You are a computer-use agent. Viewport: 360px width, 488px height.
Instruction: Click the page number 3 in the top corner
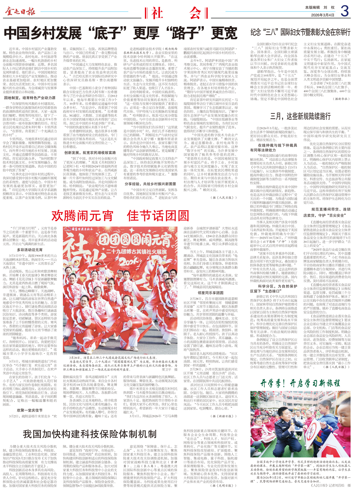(345, 12)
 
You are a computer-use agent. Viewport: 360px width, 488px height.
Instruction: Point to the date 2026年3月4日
(323, 15)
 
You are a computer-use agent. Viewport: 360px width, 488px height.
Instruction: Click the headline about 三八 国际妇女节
(300, 32)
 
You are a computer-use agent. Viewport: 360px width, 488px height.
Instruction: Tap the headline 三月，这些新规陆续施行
(300, 116)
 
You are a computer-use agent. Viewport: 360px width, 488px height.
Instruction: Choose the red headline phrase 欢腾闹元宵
(82, 216)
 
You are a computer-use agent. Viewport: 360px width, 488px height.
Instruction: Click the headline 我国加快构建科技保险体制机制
(89, 434)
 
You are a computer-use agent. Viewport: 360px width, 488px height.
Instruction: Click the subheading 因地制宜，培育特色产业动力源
(30, 98)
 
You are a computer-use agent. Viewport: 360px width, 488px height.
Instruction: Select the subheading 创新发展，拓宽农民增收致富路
(90, 153)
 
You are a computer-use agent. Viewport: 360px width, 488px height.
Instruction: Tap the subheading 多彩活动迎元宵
(30, 250)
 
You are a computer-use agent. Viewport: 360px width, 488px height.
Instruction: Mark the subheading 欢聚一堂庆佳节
(30, 410)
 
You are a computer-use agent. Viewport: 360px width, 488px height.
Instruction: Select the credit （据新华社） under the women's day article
(341, 99)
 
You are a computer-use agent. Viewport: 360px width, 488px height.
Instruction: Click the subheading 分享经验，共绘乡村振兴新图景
(150, 184)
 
